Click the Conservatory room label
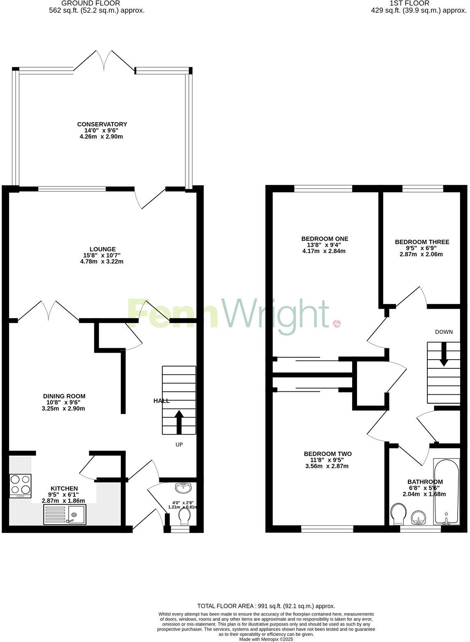pos(102,124)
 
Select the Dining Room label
pos(64,396)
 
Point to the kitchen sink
pos(65,514)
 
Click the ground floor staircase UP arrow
pos(179,421)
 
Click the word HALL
pos(161,400)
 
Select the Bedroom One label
pos(325,239)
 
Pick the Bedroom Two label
pos(327,454)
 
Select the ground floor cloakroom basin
pos(183,488)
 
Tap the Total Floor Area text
pos(266,606)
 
